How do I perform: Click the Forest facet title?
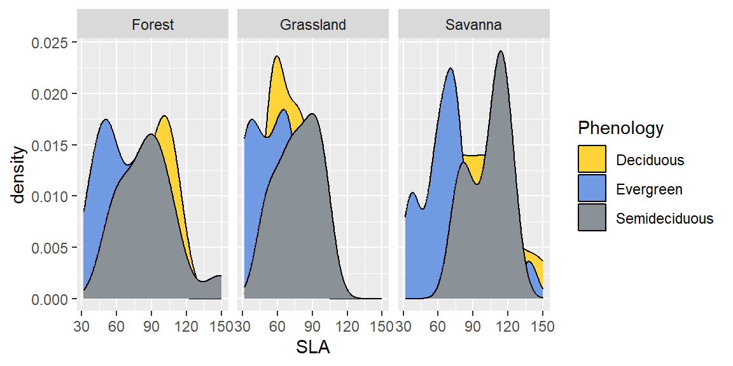click(x=153, y=25)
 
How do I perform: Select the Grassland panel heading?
click(x=313, y=25)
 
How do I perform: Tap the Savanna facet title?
click(x=473, y=25)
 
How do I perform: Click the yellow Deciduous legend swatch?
click(x=592, y=159)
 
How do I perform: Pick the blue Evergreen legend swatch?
click(x=592, y=189)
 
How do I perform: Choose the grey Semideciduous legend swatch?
click(x=592, y=219)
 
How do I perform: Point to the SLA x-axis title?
click(x=312, y=348)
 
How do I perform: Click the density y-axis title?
click(x=19, y=175)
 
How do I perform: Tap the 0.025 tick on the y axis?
click(x=53, y=43)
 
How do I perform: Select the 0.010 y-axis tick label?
click(x=53, y=196)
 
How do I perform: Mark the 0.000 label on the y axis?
click(x=53, y=299)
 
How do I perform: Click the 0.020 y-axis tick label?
click(x=53, y=94)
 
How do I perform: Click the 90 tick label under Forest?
click(x=151, y=327)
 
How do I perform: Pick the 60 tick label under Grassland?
click(x=277, y=327)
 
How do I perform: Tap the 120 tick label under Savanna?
click(x=507, y=327)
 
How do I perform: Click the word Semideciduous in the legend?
click(x=665, y=219)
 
